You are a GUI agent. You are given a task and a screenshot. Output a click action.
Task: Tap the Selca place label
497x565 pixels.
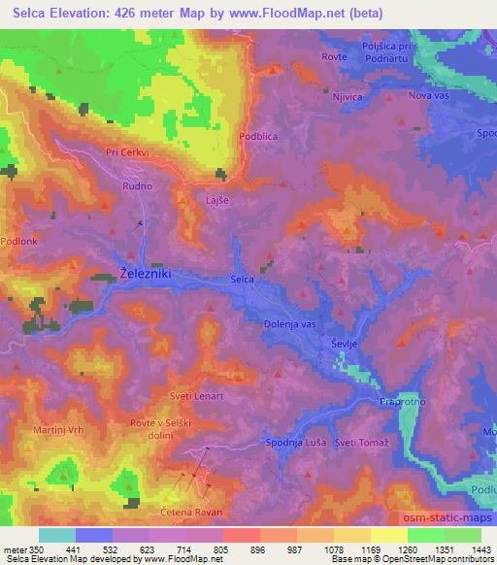coord(243,280)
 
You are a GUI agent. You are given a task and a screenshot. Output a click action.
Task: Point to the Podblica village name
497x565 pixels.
coord(258,137)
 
